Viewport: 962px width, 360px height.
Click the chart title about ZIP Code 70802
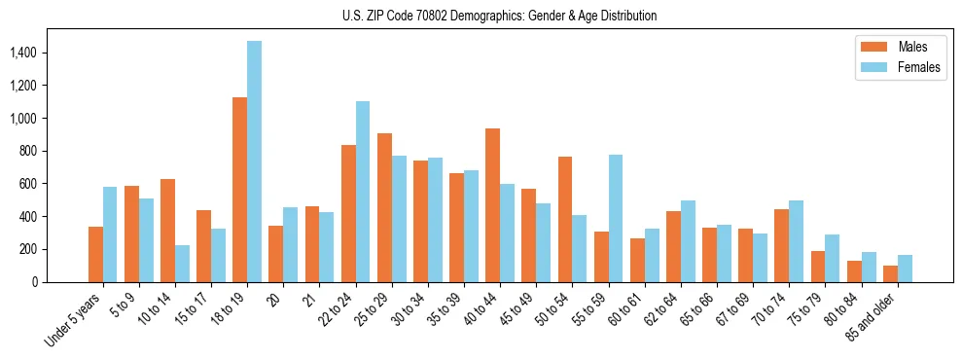pos(500,16)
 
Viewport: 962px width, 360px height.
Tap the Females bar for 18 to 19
pos(254,162)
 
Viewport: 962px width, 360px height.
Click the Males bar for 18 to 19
pos(239,190)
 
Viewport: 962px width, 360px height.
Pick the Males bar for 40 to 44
pos(492,205)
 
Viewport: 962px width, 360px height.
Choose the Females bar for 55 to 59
pos(616,218)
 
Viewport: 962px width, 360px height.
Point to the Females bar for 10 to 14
pos(182,264)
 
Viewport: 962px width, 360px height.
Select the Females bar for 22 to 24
pos(363,192)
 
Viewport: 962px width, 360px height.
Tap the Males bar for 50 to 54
pos(565,219)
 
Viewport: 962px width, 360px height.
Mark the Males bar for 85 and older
pos(890,273)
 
